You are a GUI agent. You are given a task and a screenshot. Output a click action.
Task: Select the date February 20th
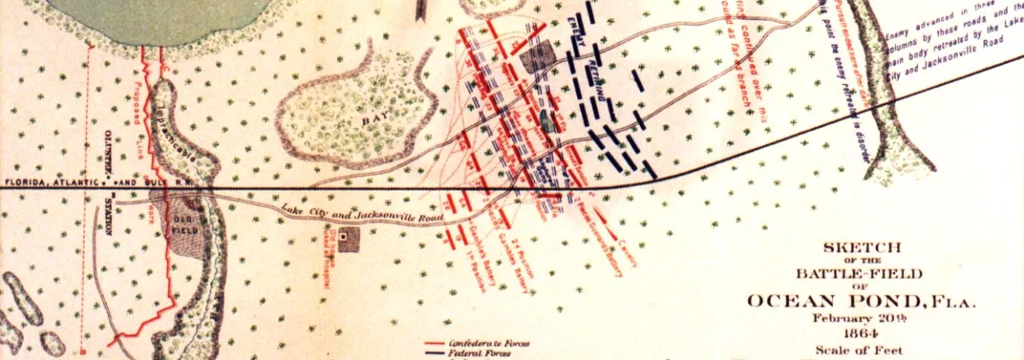pyautogui.click(x=858, y=318)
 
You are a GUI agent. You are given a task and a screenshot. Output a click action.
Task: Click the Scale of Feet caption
pyautogui.click(x=858, y=350)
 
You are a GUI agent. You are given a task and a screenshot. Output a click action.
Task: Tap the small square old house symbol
pyautogui.click(x=344, y=237)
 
